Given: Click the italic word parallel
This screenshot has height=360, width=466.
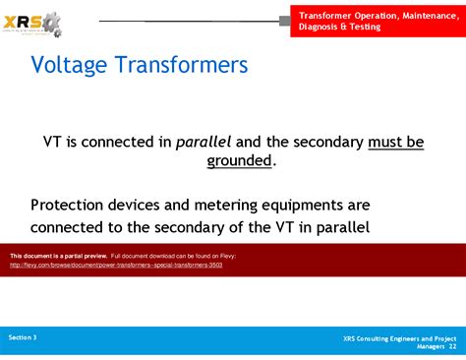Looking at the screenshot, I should [204, 142].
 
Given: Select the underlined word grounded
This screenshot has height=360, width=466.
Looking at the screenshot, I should [239, 160].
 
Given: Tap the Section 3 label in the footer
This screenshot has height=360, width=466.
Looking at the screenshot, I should [23, 337].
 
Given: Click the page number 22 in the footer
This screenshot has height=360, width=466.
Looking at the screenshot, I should [452, 347].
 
